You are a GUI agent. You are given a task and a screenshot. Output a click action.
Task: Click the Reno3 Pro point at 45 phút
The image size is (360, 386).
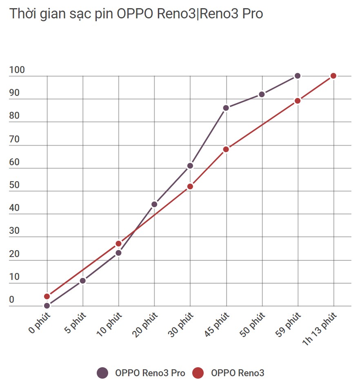point(226,108)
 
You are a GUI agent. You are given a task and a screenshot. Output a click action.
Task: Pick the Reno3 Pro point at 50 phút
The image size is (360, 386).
point(262,94)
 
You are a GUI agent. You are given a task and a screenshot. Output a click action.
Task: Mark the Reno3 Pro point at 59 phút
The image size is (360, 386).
point(298,76)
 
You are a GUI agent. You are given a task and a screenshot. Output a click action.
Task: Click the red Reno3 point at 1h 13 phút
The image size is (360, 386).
point(333,76)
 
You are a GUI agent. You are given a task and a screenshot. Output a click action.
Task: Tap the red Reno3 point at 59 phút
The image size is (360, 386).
point(298,101)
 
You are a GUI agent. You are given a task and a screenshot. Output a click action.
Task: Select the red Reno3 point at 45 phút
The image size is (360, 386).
point(226,149)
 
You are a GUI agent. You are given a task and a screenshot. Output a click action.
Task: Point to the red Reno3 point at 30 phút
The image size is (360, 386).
point(190,186)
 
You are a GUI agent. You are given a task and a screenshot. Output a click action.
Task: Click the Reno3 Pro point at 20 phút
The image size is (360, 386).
point(154,204)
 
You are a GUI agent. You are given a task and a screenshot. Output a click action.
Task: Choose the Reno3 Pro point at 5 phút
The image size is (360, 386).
point(83,281)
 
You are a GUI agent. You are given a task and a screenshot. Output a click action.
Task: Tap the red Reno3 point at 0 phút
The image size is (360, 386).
point(47,296)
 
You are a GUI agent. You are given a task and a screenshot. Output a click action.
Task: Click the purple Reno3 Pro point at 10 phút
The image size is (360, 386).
point(119,253)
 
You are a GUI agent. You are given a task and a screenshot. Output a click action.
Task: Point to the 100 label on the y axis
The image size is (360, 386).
point(17,70)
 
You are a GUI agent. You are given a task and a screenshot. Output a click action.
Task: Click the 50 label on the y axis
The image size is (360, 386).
point(15,185)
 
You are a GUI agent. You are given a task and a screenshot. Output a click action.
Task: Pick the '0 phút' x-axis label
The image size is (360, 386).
point(40,323)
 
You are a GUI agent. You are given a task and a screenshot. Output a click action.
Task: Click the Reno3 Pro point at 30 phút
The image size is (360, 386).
point(190,166)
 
